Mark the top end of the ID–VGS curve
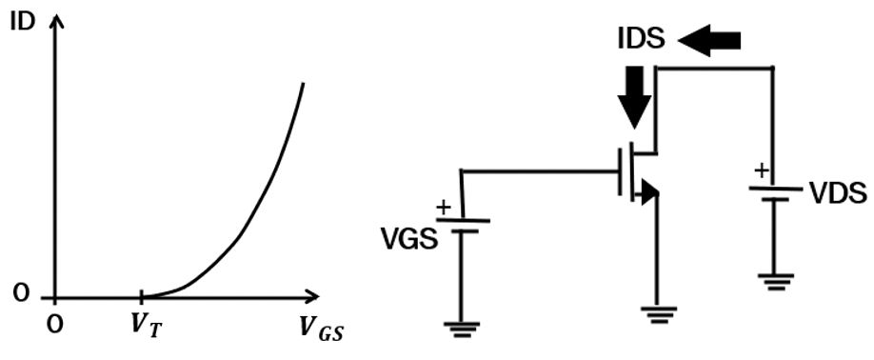[304, 84]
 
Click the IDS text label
[640, 39]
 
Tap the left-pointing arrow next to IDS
[708, 40]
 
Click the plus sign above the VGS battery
[443, 205]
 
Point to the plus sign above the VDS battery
[761, 171]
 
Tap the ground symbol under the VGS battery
[462, 329]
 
